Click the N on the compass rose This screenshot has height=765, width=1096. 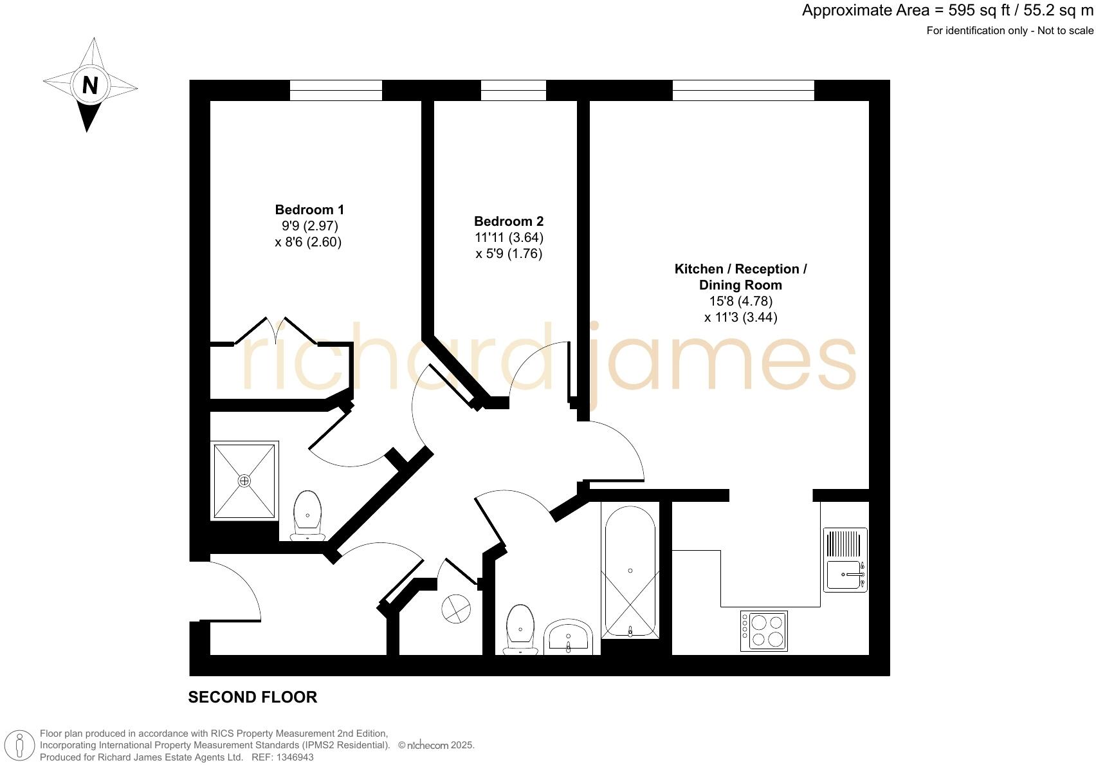[x=90, y=85]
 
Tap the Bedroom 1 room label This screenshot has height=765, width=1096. [x=309, y=210]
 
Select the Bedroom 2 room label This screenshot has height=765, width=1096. [x=509, y=221]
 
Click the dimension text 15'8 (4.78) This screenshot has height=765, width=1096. [x=740, y=301]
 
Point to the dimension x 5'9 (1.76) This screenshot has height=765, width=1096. [x=509, y=253]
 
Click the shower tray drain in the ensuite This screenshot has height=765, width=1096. [x=244, y=481]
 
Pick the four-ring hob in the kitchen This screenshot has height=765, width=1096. [x=764, y=631]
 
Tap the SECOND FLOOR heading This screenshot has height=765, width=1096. [x=252, y=697]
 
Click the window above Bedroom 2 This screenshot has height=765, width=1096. [x=513, y=90]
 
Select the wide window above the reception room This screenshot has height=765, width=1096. [x=743, y=90]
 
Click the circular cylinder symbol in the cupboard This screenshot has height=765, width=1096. [x=456, y=608]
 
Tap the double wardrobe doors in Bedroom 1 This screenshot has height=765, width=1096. [x=277, y=331]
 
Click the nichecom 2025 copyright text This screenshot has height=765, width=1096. [x=436, y=746]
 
